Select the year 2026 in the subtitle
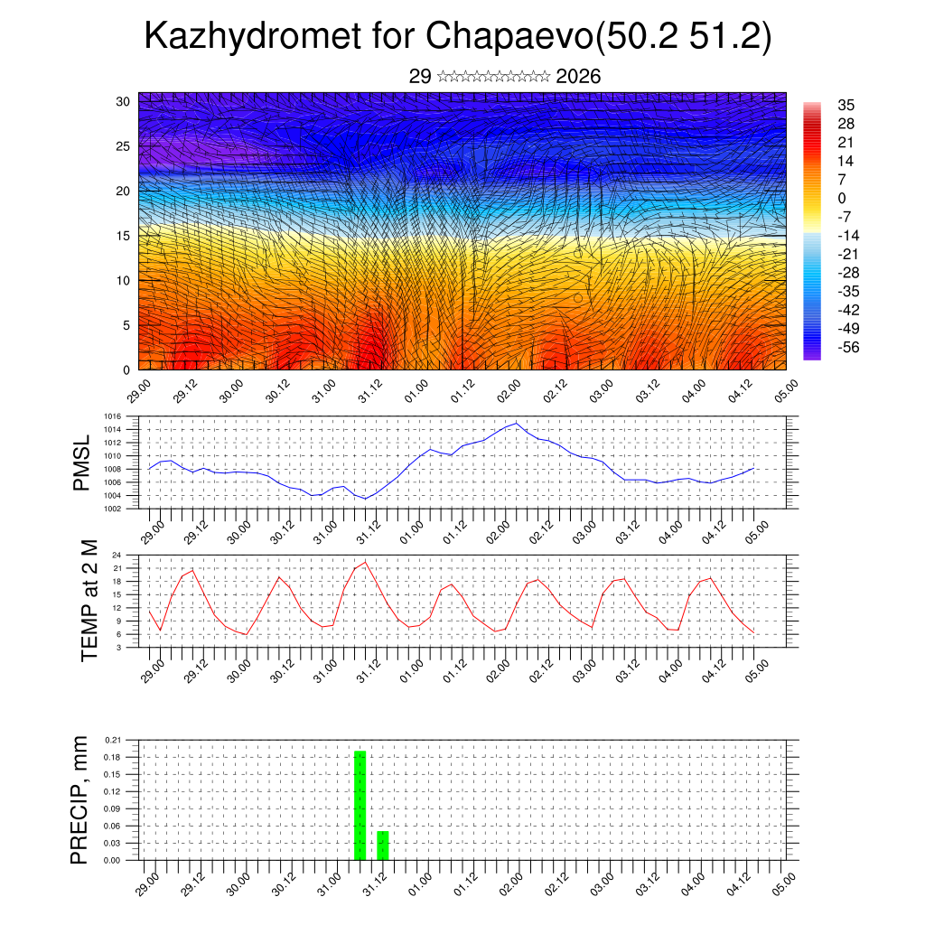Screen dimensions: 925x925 (x=579, y=77)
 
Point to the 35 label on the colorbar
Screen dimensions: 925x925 (x=846, y=105)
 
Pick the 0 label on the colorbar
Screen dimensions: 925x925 (x=842, y=198)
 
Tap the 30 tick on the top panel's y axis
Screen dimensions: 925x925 (x=123, y=101)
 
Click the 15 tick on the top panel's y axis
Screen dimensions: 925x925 (x=123, y=236)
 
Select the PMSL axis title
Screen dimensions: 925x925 (x=81, y=462)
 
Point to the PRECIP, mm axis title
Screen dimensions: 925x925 (x=80, y=799)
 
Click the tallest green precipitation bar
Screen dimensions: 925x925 (x=360, y=805)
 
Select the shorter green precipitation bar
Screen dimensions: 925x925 (x=383, y=845)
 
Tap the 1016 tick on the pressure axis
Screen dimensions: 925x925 (x=113, y=416)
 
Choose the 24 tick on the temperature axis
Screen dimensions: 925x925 (x=117, y=555)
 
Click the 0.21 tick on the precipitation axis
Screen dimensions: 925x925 (x=113, y=740)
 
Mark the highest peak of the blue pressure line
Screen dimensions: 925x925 (x=516, y=423)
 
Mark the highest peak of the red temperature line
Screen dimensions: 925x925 (x=365, y=562)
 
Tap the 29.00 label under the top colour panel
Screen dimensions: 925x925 (x=138, y=390)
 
